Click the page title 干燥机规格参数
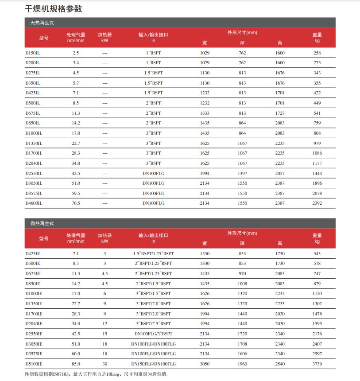(x=54, y=9)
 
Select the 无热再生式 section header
(x=39, y=22)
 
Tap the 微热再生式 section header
(x=39, y=224)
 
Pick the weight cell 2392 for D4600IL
(x=317, y=203)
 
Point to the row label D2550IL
(x=34, y=173)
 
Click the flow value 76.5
(x=76, y=203)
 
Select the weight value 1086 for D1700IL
(x=317, y=153)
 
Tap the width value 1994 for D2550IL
(x=205, y=173)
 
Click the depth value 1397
(x=242, y=173)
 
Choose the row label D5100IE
(x=34, y=364)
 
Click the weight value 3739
(x=317, y=364)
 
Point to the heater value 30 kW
(x=105, y=364)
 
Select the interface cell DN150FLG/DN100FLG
(x=153, y=364)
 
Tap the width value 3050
(x=205, y=364)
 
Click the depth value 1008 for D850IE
(x=242, y=284)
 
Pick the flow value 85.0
(x=76, y=364)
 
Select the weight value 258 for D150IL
(x=317, y=53)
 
